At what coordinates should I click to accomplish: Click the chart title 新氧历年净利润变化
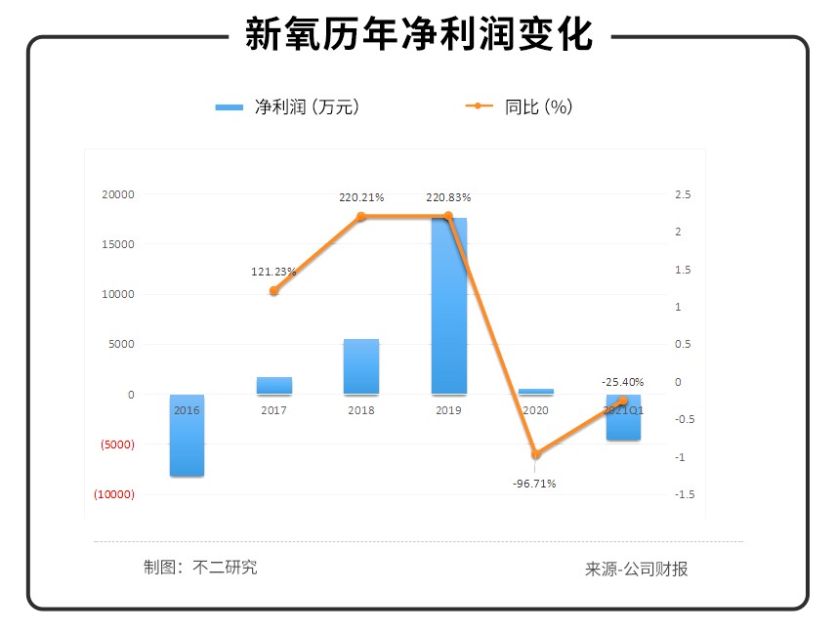coord(418,35)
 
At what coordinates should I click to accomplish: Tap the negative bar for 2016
coord(187,435)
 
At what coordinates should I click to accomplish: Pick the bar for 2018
coord(361,366)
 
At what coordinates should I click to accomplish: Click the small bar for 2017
coord(274,385)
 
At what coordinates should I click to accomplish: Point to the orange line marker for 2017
coord(274,290)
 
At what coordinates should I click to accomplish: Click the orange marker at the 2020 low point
coord(535,454)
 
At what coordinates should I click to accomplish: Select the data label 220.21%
coord(361,197)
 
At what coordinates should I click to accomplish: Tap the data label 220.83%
coord(448,197)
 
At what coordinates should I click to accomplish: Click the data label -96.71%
coord(534,484)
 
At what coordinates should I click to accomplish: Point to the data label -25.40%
coord(622,382)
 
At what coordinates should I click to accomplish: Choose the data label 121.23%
coord(274,272)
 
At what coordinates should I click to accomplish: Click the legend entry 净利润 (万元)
coord(289,107)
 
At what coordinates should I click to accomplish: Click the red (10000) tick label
coord(114,494)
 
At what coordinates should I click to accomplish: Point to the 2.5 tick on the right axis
coord(683,194)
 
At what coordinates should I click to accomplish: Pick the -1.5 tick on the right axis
coord(684,494)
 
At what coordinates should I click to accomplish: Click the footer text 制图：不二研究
coord(200,567)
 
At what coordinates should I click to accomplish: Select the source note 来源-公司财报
coord(637,569)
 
